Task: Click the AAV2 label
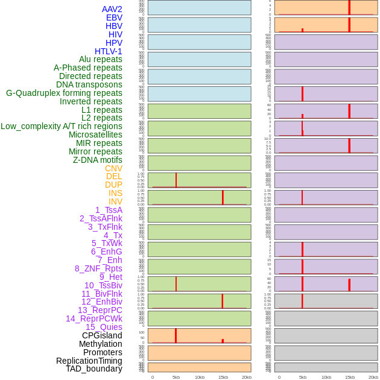tap(112, 9)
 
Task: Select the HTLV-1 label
tap(108, 51)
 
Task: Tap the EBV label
tap(114, 17)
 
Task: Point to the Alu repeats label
tap(100, 59)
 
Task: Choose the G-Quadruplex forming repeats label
tap(64, 93)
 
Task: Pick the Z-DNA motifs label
tap(98, 160)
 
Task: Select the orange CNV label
tap(113, 168)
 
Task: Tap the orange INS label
tap(115, 193)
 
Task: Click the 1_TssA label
tap(109, 210)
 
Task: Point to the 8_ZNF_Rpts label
tap(98, 268)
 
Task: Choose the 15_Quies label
tap(104, 327)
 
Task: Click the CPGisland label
tap(102, 335)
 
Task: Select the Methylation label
tap(100, 344)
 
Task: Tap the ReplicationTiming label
tap(89, 361)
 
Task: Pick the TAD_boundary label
tap(94, 369)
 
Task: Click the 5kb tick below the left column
tap(176, 377)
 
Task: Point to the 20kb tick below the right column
tap(373, 377)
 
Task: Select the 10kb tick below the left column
tap(200, 377)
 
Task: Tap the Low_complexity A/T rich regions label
tap(62, 126)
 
